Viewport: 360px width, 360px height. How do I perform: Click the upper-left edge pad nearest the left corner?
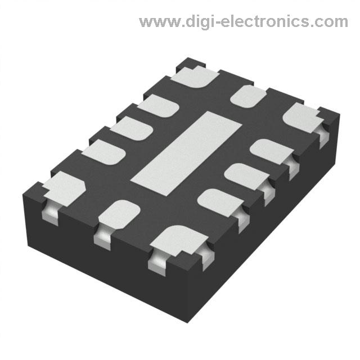click(x=103, y=151)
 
